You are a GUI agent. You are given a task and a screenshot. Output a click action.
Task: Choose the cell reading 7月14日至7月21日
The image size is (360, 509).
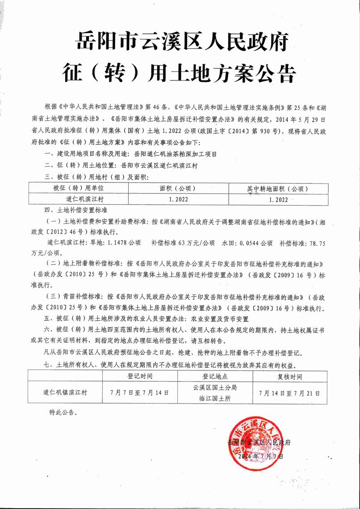[289, 393]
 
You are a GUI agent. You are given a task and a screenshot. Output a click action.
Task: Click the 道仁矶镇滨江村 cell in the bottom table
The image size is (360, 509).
[66, 393]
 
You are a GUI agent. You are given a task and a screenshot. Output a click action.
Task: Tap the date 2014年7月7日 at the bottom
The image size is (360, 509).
[261, 456]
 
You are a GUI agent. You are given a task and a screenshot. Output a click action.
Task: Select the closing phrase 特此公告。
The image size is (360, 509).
[63, 412]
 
